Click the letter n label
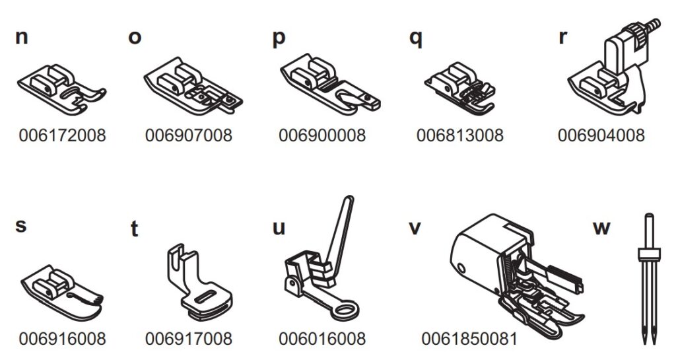tap(22, 37)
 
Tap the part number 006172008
tap(63, 135)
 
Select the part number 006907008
tap(189, 135)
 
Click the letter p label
tap(279, 38)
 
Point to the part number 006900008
tap(322, 135)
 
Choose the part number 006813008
tap(460, 135)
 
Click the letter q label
tap(416, 38)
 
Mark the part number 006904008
tap(601, 135)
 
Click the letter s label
tap(20, 226)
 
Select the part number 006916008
tap(63, 339)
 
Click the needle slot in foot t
tap(206, 297)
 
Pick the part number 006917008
tap(189, 339)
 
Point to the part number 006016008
tap(322, 339)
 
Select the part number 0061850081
tap(469, 339)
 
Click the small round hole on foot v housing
tap(461, 269)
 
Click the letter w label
tap(601, 228)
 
